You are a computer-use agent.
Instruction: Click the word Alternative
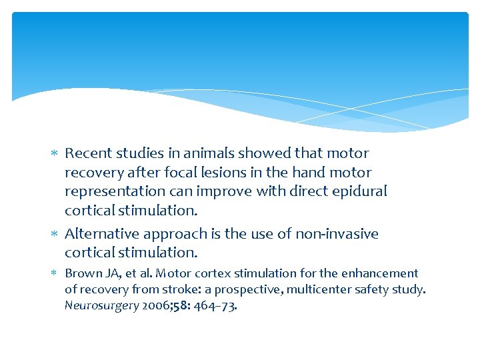point(100,234)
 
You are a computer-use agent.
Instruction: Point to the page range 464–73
point(216,306)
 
